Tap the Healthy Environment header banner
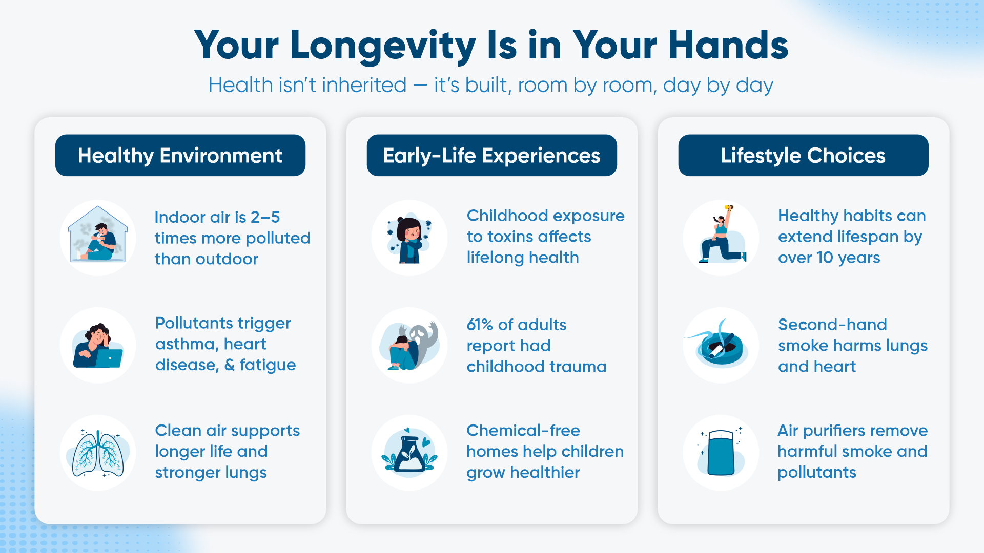click(x=180, y=155)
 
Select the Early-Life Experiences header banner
click(x=492, y=155)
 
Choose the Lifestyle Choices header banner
click(x=804, y=155)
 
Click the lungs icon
click(x=98, y=453)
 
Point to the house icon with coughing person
click(x=98, y=234)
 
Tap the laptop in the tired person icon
click(x=109, y=358)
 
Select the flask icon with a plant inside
click(x=409, y=453)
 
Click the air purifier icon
click(x=721, y=452)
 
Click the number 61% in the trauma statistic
click(x=480, y=325)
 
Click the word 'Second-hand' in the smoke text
click(x=832, y=325)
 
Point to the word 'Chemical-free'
click(x=523, y=431)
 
